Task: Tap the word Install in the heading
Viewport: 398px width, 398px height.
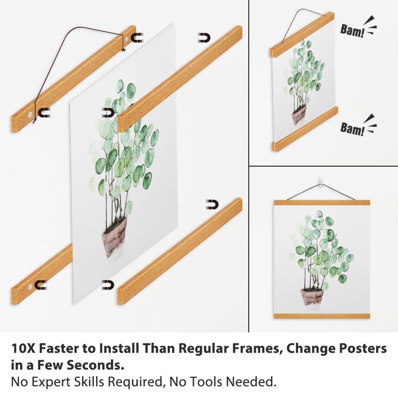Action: (119, 348)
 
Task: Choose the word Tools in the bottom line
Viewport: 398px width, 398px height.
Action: (206, 381)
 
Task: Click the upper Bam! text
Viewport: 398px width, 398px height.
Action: (352, 30)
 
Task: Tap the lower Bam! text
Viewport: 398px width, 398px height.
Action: (352, 128)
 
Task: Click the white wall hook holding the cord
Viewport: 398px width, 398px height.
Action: (321, 182)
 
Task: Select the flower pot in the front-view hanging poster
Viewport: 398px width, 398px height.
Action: (312, 298)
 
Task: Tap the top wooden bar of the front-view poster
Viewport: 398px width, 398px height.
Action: (322, 202)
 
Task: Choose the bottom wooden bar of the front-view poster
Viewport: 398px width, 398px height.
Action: (322, 316)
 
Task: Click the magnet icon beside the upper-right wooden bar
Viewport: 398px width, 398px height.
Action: (204, 38)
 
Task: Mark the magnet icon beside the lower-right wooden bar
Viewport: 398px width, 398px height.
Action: (212, 204)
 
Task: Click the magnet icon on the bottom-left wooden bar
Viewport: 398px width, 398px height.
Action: (41, 285)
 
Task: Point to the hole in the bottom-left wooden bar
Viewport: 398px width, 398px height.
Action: (30, 287)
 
